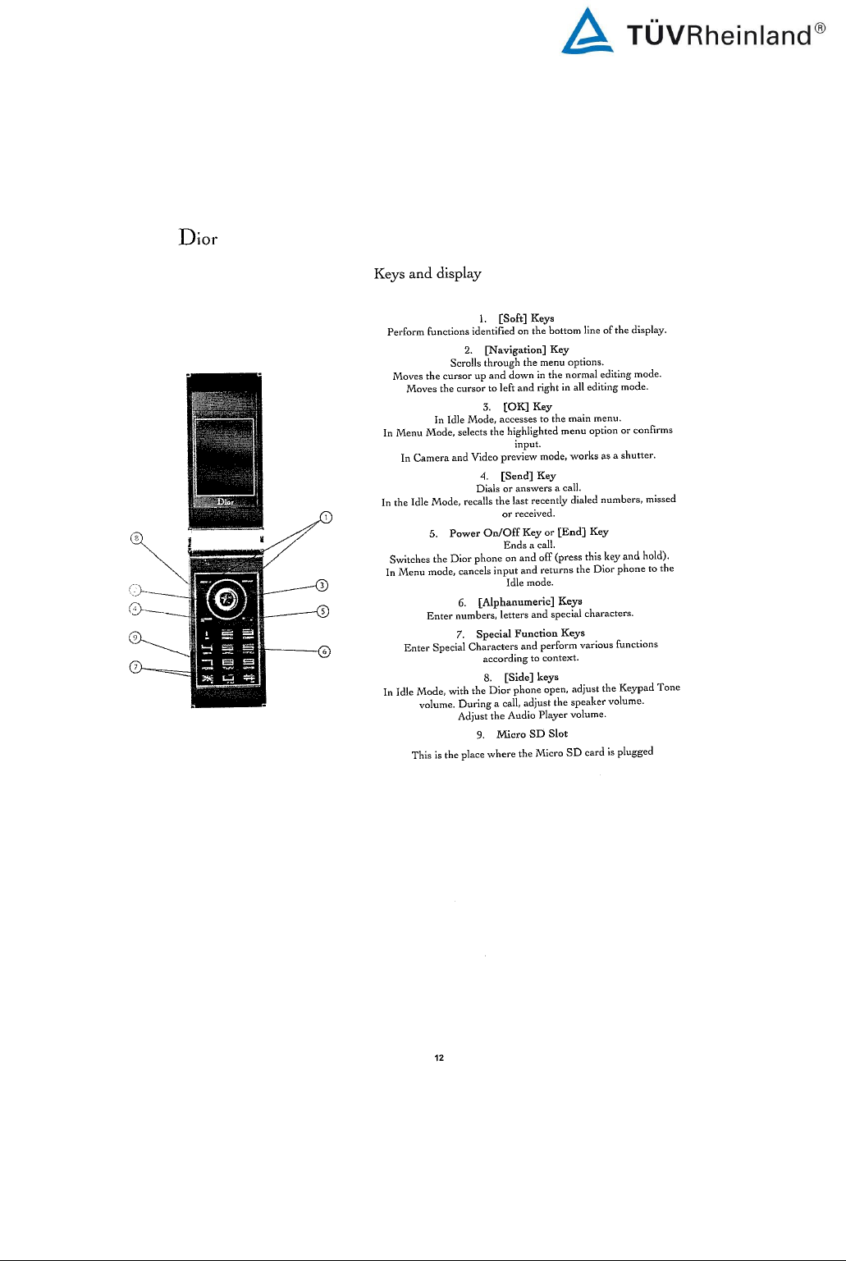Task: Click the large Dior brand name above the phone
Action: point(199,238)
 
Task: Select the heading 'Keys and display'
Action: point(428,273)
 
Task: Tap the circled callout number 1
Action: point(326,517)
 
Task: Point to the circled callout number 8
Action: point(137,538)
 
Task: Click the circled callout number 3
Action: point(322,585)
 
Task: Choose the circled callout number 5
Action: point(323,611)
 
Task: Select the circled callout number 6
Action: point(324,651)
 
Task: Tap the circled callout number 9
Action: point(136,637)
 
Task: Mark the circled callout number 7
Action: point(136,666)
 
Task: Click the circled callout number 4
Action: point(135,609)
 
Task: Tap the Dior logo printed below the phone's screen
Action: point(226,501)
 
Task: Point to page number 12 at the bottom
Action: point(439,1058)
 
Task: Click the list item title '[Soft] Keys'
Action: point(526,318)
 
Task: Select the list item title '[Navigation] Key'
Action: point(526,350)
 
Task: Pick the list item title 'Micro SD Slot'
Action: point(532,733)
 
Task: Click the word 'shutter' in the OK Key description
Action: point(637,455)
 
